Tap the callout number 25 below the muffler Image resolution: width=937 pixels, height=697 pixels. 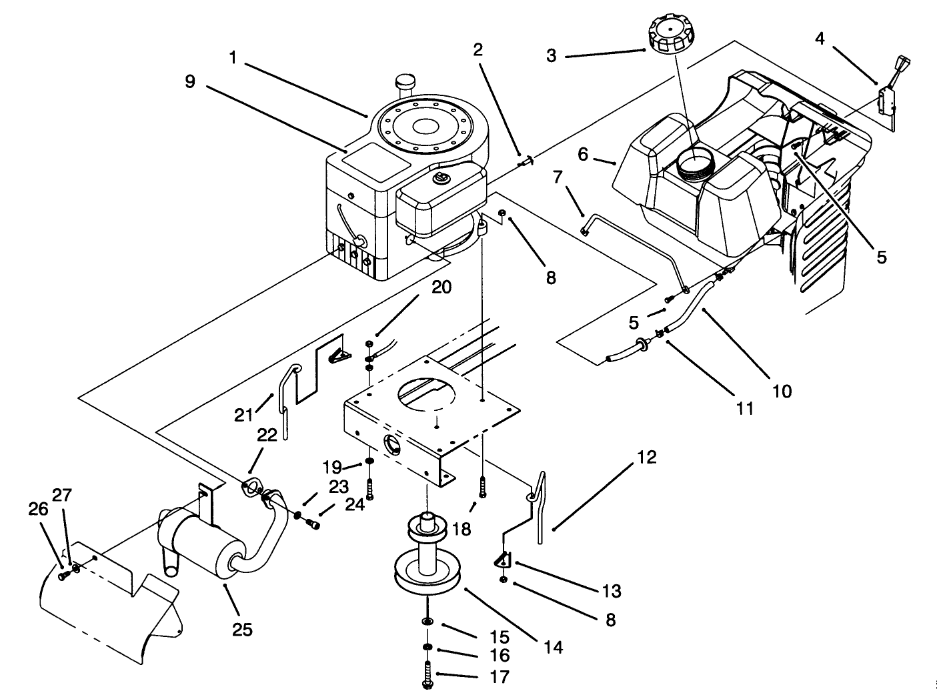(242, 628)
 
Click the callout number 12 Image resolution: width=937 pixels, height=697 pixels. (646, 458)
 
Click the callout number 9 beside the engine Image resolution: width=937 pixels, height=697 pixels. (190, 81)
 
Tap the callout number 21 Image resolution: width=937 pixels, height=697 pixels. (244, 415)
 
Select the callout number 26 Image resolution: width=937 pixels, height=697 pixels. (38, 510)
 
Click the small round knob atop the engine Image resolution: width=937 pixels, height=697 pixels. (405, 82)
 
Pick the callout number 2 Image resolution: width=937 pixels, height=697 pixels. (478, 49)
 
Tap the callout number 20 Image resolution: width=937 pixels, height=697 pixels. (441, 287)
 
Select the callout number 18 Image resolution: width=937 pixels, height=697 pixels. (461, 529)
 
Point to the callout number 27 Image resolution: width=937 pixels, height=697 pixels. (62, 496)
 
